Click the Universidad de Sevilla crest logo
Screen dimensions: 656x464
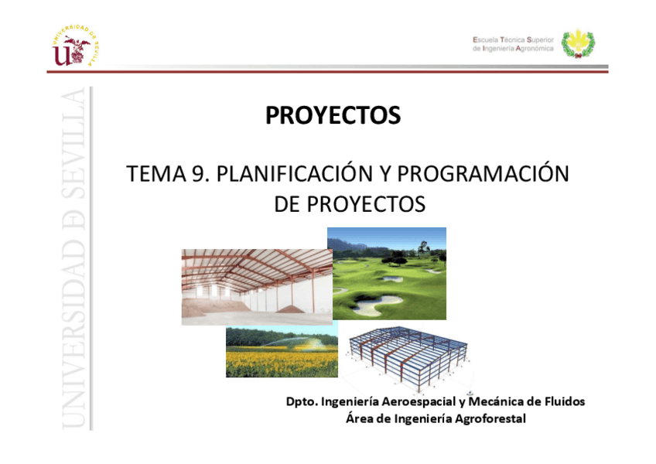[75, 46]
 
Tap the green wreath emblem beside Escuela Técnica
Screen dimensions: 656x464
[578, 43]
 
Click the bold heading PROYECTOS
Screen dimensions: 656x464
[333, 115]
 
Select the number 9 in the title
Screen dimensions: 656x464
[199, 174]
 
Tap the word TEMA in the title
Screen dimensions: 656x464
[155, 174]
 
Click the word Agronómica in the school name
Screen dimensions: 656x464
[535, 49]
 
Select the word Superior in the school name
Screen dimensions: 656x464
[540, 39]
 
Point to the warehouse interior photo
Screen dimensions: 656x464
[257, 287]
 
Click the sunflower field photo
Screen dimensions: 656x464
[282, 352]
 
